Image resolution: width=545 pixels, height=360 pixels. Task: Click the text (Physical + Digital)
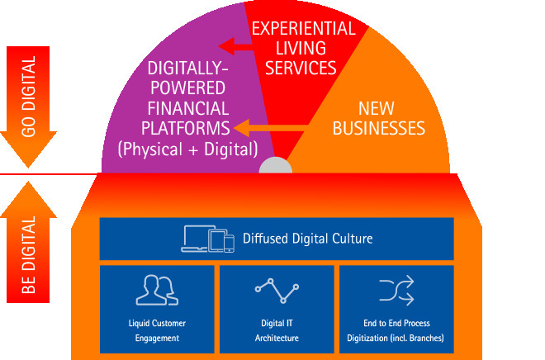point(187,149)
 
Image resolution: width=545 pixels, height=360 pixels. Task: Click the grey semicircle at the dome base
point(275,167)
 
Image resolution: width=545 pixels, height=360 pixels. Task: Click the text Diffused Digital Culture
point(307,239)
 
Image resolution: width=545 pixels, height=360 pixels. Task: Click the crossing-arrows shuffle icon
point(396,290)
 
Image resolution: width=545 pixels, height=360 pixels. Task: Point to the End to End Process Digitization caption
point(396,330)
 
